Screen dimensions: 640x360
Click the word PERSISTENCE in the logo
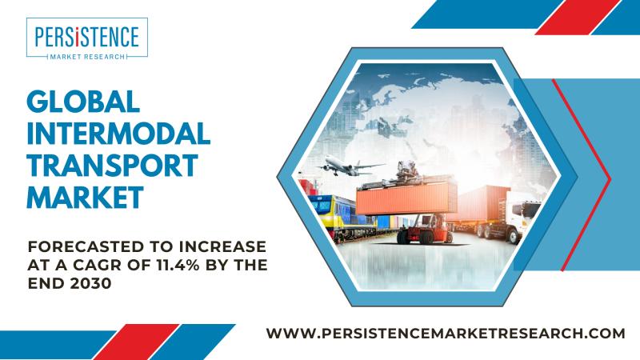coord(87,37)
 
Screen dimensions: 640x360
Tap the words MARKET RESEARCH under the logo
coord(87,57)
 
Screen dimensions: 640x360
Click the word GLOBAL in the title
coord(83,102)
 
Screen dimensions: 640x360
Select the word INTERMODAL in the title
coord(118,134)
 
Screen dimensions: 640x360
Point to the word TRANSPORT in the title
coord(112,166)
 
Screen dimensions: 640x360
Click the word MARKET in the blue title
coord(86,197)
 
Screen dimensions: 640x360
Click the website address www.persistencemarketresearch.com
coord(446,333)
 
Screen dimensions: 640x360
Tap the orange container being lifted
coord(406,198)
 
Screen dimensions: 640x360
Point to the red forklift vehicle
coord(425,229)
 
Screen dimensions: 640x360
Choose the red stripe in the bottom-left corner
coord(136,342)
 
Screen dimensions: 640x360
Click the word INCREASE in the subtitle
coord(222,246)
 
